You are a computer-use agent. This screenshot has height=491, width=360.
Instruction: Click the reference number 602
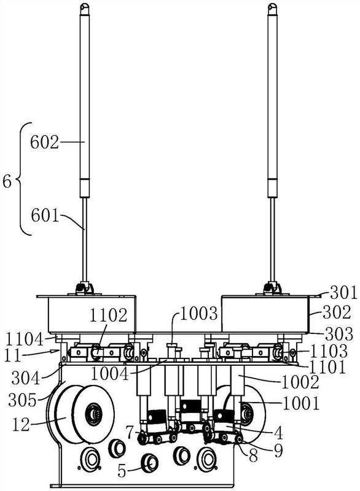coord(44,142)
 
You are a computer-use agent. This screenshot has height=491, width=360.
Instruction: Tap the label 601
coord(45,215)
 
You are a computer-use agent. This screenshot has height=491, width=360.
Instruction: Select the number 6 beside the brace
coord(7,182)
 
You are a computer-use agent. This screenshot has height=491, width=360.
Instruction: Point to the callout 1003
coord(199,313)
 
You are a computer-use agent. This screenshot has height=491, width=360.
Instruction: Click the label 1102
coord(108,315)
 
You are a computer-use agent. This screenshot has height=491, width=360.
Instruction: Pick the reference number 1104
coord(25,340)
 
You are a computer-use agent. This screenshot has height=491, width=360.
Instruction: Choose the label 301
coord(343,293)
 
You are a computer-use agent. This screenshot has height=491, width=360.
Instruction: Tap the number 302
coord(337,312)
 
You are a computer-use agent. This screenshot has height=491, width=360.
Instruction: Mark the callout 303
coord(339,334)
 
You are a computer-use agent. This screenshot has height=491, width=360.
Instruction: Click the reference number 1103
coord(329,351)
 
